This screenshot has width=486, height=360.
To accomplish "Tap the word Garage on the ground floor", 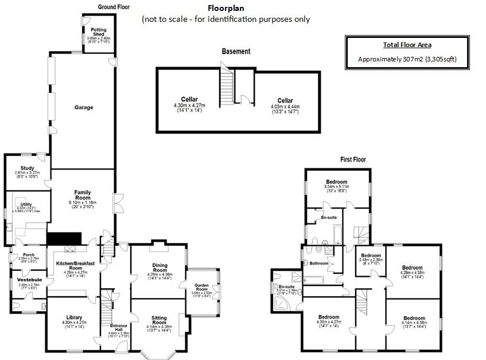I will [83, 107].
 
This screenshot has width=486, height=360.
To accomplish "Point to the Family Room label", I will [83, 195].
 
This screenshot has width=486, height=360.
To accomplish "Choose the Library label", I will [74, 317].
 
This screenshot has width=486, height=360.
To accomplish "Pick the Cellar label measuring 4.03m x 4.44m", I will [285, 100].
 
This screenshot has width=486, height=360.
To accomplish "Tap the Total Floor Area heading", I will [407, 45].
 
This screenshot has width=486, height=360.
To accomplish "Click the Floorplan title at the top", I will [226, 9].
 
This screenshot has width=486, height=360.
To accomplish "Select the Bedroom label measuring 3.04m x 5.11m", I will [337, 182].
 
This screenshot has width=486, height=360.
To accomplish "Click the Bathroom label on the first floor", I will [319, 264].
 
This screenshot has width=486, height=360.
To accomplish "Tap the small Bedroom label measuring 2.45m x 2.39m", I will [370, 256].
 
